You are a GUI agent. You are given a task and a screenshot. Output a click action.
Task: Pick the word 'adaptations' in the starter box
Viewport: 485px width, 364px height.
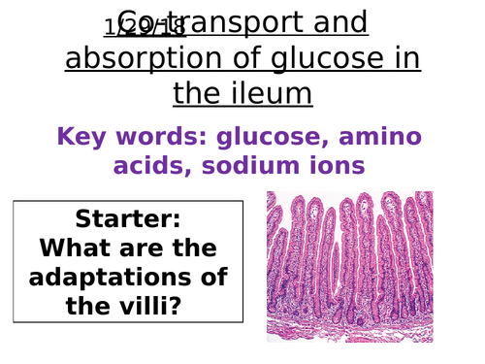pyautogui.click(x=128, y=278)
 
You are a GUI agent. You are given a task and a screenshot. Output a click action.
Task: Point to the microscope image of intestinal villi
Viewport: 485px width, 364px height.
pyautogui.click(x=350, y=266)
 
